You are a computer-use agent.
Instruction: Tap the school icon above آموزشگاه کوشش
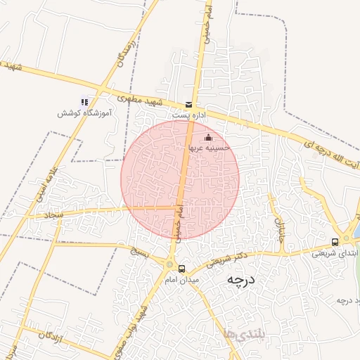[x=84, y=101]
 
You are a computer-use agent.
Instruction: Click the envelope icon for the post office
[x=188, y=104]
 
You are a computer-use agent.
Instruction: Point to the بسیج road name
[x=140, y=250]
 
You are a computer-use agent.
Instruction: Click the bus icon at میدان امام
[x=181, y=269]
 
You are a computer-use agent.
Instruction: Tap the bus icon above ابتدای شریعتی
[x=335, y=240]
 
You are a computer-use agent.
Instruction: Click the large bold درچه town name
[x=239, y=281]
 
